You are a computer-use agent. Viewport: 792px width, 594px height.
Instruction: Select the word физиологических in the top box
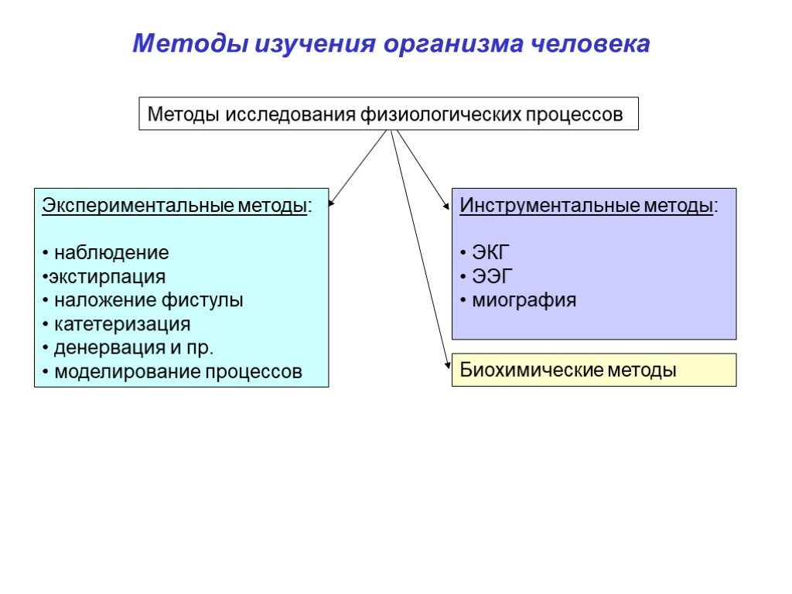coord(440,114)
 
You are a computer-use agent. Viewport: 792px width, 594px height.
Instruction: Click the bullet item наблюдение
coord(110,253)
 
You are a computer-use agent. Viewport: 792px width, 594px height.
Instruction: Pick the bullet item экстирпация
coord(105,277)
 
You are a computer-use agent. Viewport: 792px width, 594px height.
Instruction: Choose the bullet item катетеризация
coord(121,324)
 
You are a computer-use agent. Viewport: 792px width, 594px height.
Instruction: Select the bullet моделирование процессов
coord(176,372)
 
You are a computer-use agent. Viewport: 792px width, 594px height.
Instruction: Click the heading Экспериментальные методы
coord(174,207)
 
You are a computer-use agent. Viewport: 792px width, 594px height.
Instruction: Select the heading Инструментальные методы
coord(586,207)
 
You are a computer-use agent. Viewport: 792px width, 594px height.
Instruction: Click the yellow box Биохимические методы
coord(593,370)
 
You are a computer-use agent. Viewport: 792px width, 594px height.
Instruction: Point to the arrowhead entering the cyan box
coord(331,204)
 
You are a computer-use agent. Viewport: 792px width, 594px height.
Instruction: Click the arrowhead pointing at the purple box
coord(446,207)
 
